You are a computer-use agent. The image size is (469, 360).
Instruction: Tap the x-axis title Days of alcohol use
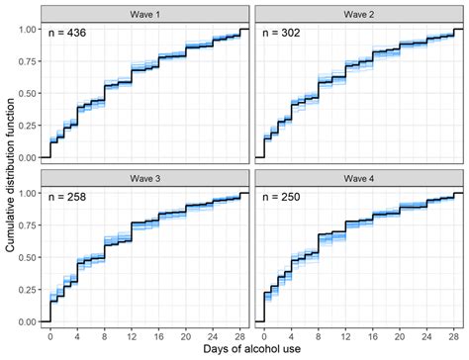[253, 350]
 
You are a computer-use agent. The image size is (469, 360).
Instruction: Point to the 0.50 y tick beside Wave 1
[28, 93]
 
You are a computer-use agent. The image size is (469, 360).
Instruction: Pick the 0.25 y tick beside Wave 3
[28, 290]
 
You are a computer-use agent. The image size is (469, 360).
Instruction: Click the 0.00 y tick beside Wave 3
[28, 322]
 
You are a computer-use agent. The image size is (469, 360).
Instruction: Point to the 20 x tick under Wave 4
[399, 335]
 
